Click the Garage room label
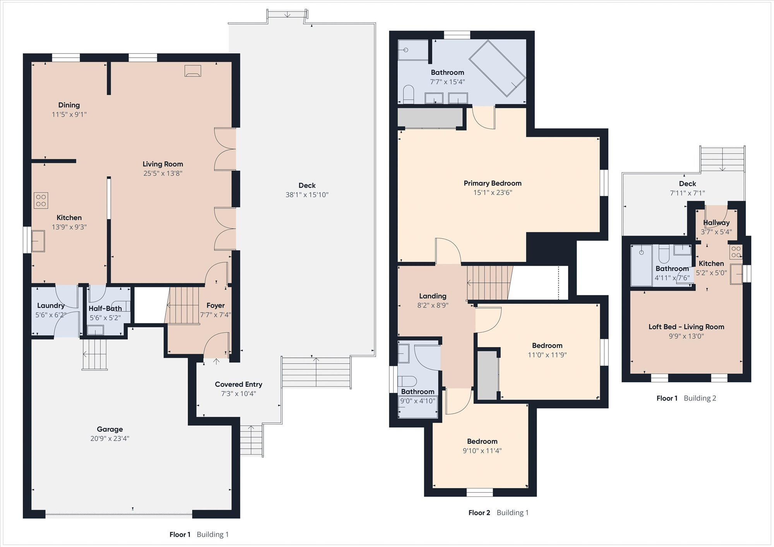110,429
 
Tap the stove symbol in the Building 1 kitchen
41,200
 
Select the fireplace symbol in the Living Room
193,71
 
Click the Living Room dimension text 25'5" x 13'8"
163,173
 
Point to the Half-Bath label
105,308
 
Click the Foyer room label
216,306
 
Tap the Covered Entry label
238,384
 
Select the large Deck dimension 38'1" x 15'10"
307,195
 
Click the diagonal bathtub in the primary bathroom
497,68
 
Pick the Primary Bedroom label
493,183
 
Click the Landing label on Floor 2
433,296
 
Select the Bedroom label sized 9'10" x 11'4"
482,441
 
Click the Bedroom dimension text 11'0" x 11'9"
547,355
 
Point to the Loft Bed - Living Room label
687,327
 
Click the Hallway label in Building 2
716,222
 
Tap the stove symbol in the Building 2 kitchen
736,252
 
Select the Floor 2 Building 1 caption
498,513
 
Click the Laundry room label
51,306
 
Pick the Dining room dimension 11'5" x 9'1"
69,114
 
